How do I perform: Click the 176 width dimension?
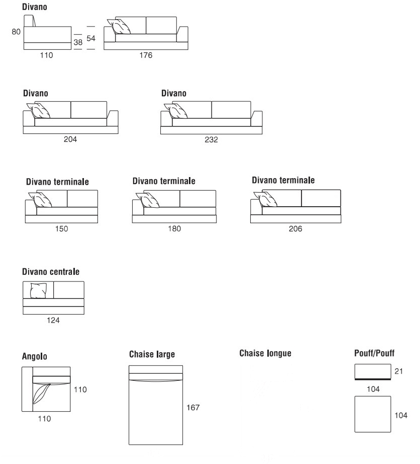pos(146,55)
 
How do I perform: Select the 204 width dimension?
pos(70,139)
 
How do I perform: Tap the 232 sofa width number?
pos(212,140)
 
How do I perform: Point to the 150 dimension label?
pos(61,229)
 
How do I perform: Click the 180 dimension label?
pos(174,229)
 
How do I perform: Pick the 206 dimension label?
pos(295,229)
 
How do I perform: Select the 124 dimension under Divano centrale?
pos(54,320)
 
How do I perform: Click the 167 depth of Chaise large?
pos(193,407)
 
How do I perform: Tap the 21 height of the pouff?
pos(399,372)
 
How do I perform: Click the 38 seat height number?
pos(78,43)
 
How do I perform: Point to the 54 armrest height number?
pos(91,38)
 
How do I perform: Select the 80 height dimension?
pos(16,32)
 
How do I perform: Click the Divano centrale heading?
pos(51,271)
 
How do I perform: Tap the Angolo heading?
pos(35,357)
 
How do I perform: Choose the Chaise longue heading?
pos(265,353)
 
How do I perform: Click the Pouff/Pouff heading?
pos(374,353)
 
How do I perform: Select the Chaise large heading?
pos(152,355)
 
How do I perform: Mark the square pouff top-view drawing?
pos(372,414)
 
